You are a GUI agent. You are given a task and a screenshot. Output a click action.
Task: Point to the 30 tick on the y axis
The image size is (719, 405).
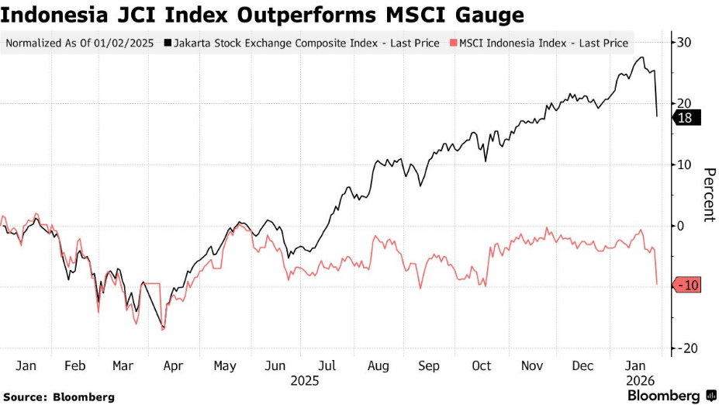pos(684,42)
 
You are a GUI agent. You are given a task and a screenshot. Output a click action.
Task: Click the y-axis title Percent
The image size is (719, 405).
pos(707,195)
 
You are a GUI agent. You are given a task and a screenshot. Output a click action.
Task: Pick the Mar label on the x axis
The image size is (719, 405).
pos(123,365)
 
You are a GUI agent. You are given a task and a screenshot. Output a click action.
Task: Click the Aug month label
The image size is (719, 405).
pos(379,365)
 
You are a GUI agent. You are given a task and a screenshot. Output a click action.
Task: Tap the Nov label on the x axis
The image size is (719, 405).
pos(532,365)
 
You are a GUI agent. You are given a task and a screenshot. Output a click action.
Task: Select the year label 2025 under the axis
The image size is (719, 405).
pos(304,381)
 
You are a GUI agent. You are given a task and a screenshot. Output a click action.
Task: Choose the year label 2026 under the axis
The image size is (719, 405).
pos(641,381)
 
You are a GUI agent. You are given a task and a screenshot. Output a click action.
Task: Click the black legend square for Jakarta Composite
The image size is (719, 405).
pos(168,43)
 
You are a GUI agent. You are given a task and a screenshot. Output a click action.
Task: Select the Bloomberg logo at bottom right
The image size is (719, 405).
pos(671,396)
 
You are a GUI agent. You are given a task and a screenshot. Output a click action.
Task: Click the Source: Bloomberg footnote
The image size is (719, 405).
pos(58,396)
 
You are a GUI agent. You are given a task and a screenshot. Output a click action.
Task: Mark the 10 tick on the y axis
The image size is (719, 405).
pos(684,164)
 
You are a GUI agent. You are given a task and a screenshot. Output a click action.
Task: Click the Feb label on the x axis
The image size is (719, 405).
pos(74,365)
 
